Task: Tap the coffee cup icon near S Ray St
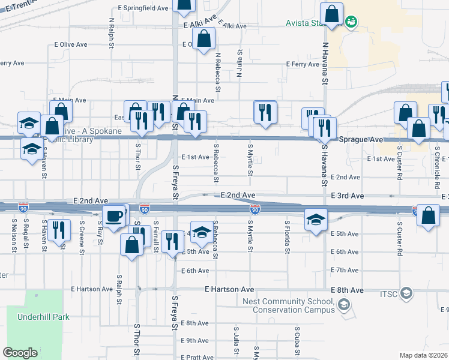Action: [x=113, y=216]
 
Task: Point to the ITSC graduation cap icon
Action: [x=406, y=293]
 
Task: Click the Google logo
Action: [x=20, y=353]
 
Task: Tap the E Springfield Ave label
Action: [x=143, y=8]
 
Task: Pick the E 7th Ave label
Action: [x=345, y=270]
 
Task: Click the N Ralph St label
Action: [x=112, y=30]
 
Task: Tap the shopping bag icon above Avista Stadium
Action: [x=331, y=14]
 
